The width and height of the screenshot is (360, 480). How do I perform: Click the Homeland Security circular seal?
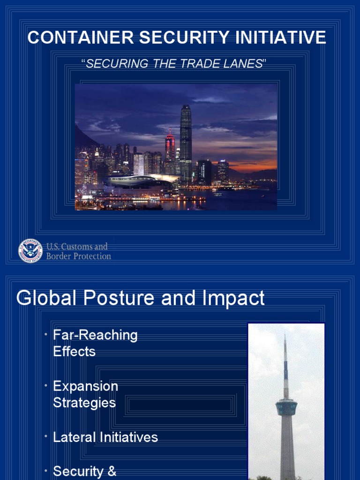[30, 251]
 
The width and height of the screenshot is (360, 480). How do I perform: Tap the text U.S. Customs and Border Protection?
[78, 251]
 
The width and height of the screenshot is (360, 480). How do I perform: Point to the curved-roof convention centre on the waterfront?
[136, 180]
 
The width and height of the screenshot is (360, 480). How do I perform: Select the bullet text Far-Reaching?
[95, 335]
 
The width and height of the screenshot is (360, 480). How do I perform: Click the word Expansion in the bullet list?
[85, 386]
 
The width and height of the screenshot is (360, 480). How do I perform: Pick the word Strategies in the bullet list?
[84, 403]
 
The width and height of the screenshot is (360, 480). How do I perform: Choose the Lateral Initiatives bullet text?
[105, 437]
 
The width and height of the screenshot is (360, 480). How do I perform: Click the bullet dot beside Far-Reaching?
[46, 334]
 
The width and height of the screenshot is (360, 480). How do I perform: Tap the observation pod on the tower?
[286, 407]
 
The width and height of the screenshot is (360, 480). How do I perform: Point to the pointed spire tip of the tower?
[285, 337]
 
